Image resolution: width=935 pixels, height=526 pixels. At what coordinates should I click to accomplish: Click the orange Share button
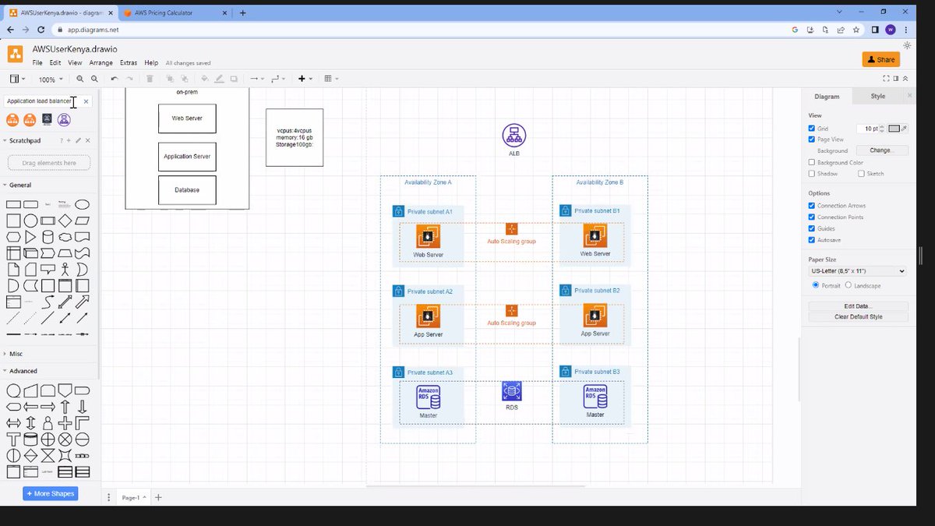[880, 59]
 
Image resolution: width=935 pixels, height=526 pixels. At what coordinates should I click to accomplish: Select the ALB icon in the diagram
[513, 136]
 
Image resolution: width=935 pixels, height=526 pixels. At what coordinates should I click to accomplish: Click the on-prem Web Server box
[187, 118]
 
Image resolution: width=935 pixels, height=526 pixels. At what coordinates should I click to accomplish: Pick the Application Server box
[187, 157]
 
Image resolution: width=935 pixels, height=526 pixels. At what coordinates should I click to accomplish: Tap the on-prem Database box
[187, 190]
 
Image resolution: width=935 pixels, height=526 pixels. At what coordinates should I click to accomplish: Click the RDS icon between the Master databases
[512, 391]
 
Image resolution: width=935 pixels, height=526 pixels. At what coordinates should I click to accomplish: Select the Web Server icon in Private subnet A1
[428, 236]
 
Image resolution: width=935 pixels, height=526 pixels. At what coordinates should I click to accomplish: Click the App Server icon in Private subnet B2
[595, 316]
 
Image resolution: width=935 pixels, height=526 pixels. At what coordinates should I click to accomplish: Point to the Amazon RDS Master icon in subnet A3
[428, 397]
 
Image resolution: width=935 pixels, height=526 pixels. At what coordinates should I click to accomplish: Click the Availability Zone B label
[599, 182]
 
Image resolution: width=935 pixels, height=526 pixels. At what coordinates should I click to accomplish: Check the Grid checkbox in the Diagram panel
[812, 129]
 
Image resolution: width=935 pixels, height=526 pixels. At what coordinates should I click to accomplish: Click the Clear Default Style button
[858, 317]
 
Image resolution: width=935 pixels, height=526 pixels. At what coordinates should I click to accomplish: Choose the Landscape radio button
[849, 285]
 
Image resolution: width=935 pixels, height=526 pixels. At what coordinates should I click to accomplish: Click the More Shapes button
[51, 493]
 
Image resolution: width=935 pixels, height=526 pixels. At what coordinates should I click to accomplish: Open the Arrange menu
[101, 63]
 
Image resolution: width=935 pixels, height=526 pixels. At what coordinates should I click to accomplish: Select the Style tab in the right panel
[877, 97]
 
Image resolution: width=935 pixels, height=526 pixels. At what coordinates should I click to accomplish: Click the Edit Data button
[858, 306]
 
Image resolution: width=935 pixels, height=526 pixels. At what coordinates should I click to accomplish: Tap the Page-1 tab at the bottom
[131, 497]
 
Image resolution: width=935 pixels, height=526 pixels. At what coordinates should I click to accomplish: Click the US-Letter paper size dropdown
[857, 270]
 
